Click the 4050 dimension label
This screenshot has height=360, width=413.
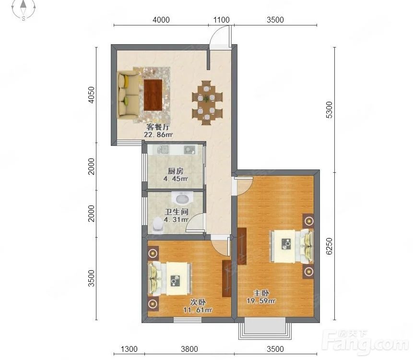[x=91, y=95]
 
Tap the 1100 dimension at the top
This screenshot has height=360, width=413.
[x=221, y=20]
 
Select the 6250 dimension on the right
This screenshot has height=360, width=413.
[x=329, y=246]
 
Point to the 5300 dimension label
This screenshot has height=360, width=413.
[x=329, y=110]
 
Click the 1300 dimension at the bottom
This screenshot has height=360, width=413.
[x=129, y=349]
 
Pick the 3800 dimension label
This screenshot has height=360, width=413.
[x=189, y=349]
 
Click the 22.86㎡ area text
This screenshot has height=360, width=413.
[x=158, y=135]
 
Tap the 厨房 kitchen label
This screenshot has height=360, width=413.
[x=176, y=171]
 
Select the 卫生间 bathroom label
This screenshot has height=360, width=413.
[x=177, y=212]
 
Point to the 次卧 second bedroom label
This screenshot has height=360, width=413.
[x=198, y=302]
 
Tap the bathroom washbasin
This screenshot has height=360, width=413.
[x=182, y=198]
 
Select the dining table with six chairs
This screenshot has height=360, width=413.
[x=207, y=103]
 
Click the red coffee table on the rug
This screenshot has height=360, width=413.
[x=153, y=95]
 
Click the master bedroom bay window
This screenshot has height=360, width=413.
[x=265, y=329]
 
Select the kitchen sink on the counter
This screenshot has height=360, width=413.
[x=163, y=150]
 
